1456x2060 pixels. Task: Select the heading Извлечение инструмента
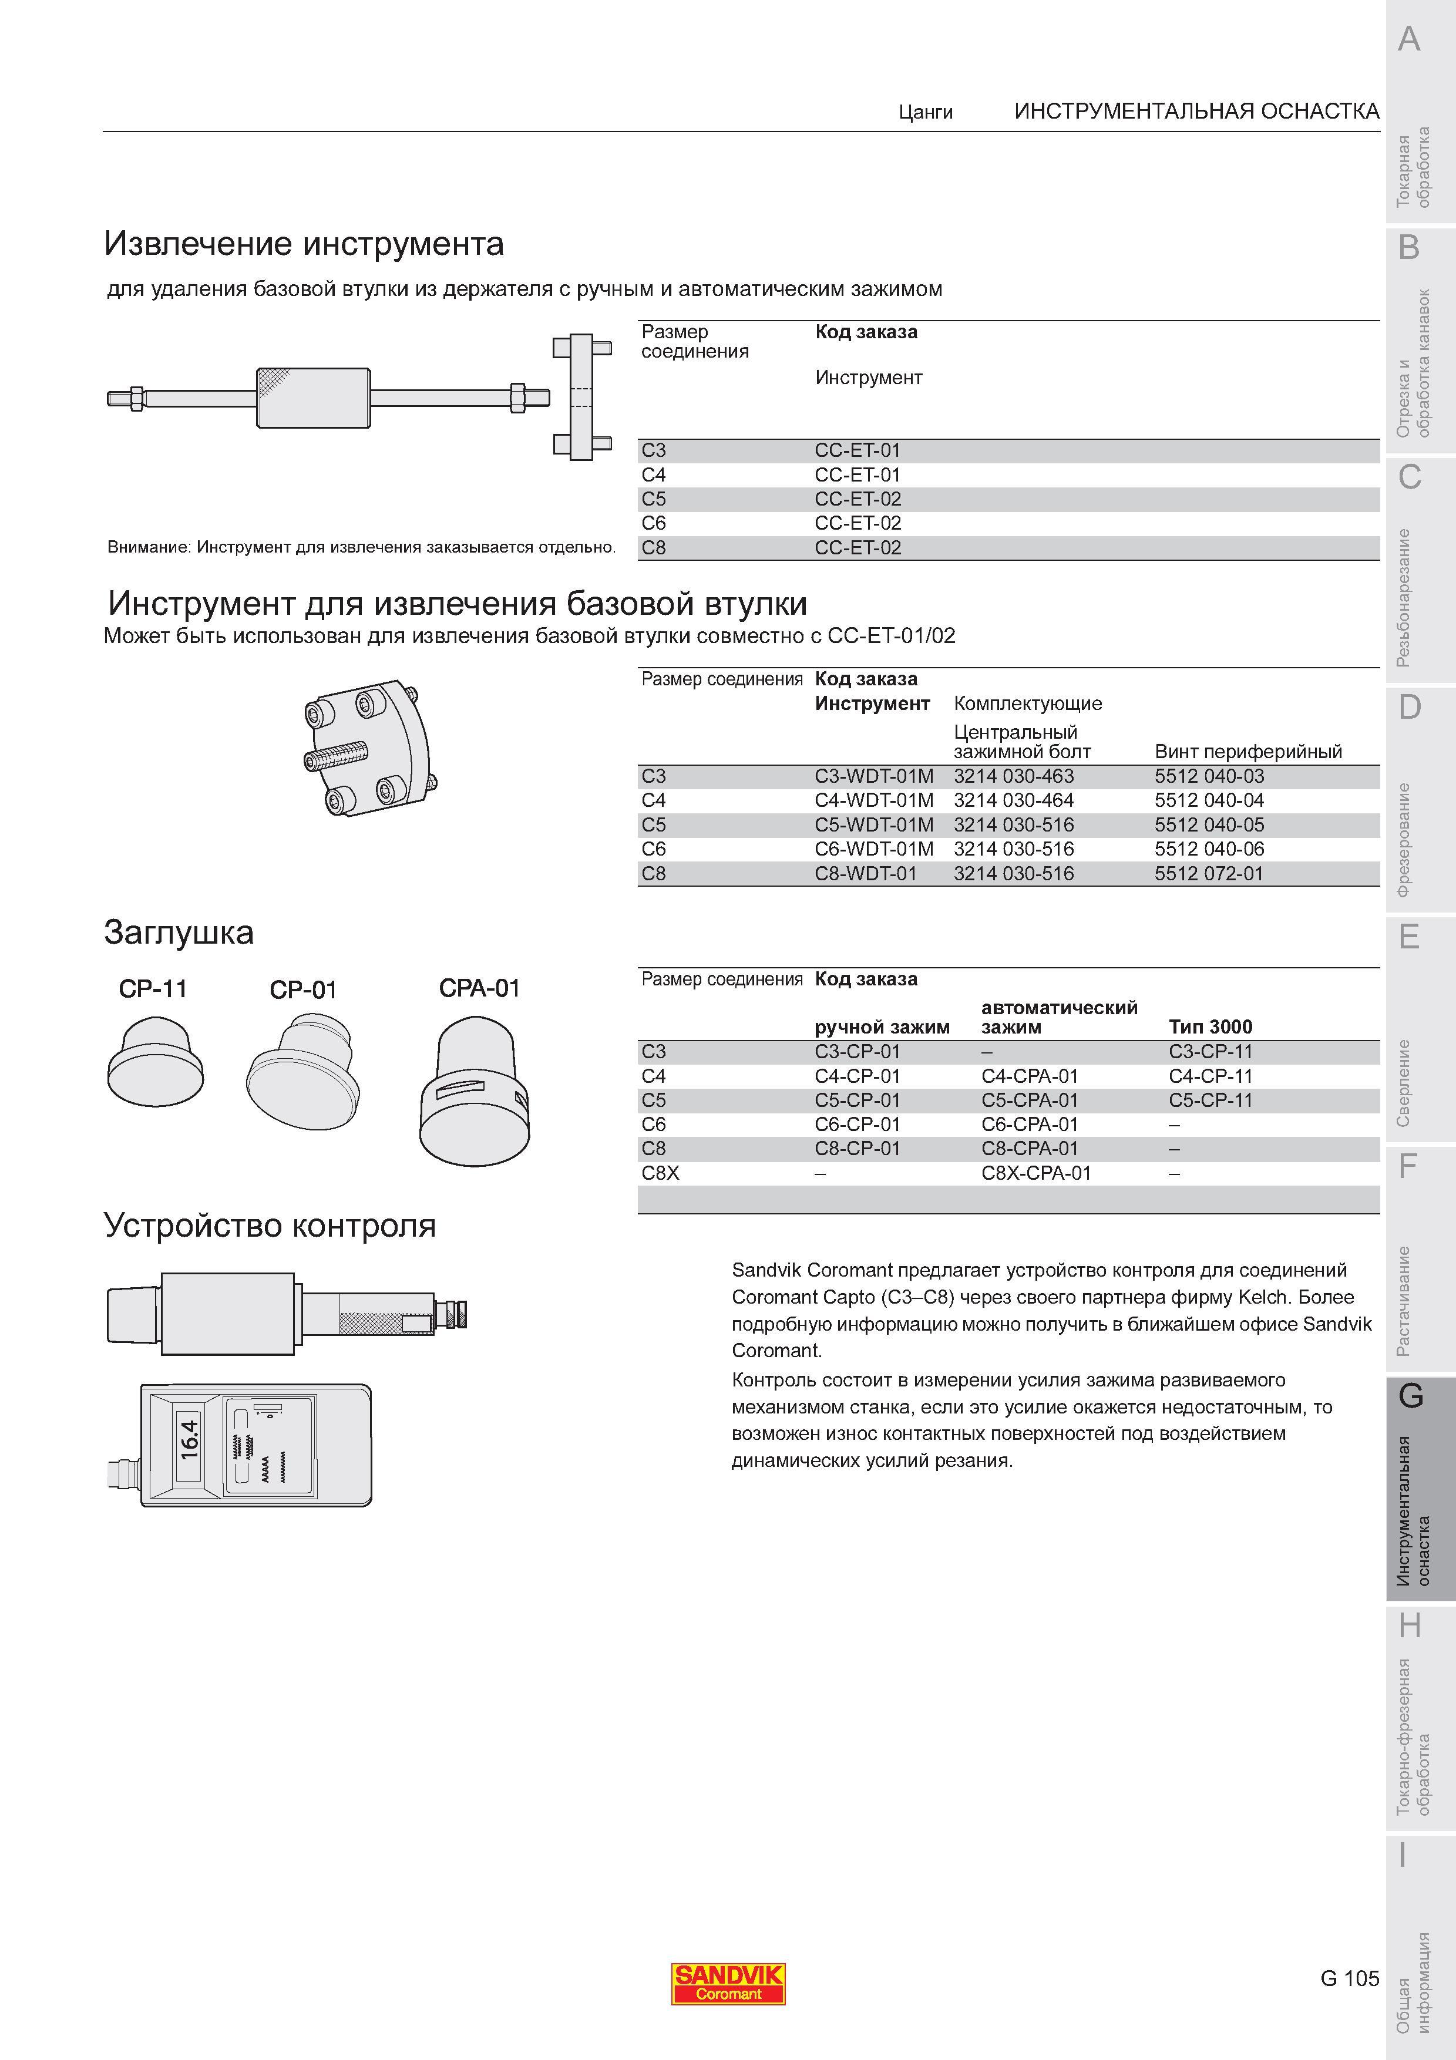(304, 243)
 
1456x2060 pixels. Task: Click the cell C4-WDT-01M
(874, 800)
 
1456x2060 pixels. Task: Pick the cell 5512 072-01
(1208, 873)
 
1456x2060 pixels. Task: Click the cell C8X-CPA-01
(1036, 1173)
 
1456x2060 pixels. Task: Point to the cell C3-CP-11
(1210, 1052)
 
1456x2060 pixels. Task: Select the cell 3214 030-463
(1014, 776)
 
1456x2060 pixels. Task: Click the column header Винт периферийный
(1248, 752)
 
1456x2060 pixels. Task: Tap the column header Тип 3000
(1210, 1026)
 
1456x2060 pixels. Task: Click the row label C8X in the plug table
(660, 1173)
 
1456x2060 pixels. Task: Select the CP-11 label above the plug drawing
(153, 989)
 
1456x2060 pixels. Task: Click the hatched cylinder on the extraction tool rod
(313, 398)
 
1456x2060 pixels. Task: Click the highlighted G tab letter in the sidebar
(1411, 1396)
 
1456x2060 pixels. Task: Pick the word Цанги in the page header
(926, 112)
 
